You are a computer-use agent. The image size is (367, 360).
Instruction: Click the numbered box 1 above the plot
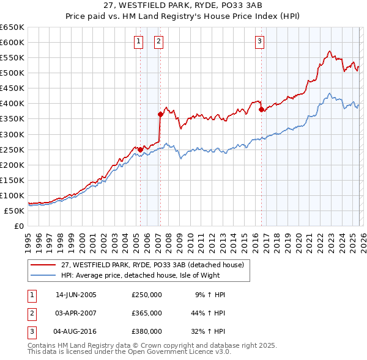[138, 41]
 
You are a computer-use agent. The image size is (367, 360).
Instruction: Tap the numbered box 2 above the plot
[158, 41]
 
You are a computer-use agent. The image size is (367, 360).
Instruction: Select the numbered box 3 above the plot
[259, 41]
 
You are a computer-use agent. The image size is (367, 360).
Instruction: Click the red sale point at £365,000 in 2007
[160, 114]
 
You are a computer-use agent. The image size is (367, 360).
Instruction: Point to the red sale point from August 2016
[261, 110]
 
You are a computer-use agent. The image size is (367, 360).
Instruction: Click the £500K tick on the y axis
[12, 73]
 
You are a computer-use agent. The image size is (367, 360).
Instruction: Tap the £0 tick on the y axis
[18, 226]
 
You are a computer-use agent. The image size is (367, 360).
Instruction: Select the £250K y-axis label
[12, 149]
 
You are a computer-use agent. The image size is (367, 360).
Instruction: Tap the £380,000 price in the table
[147, 331]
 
